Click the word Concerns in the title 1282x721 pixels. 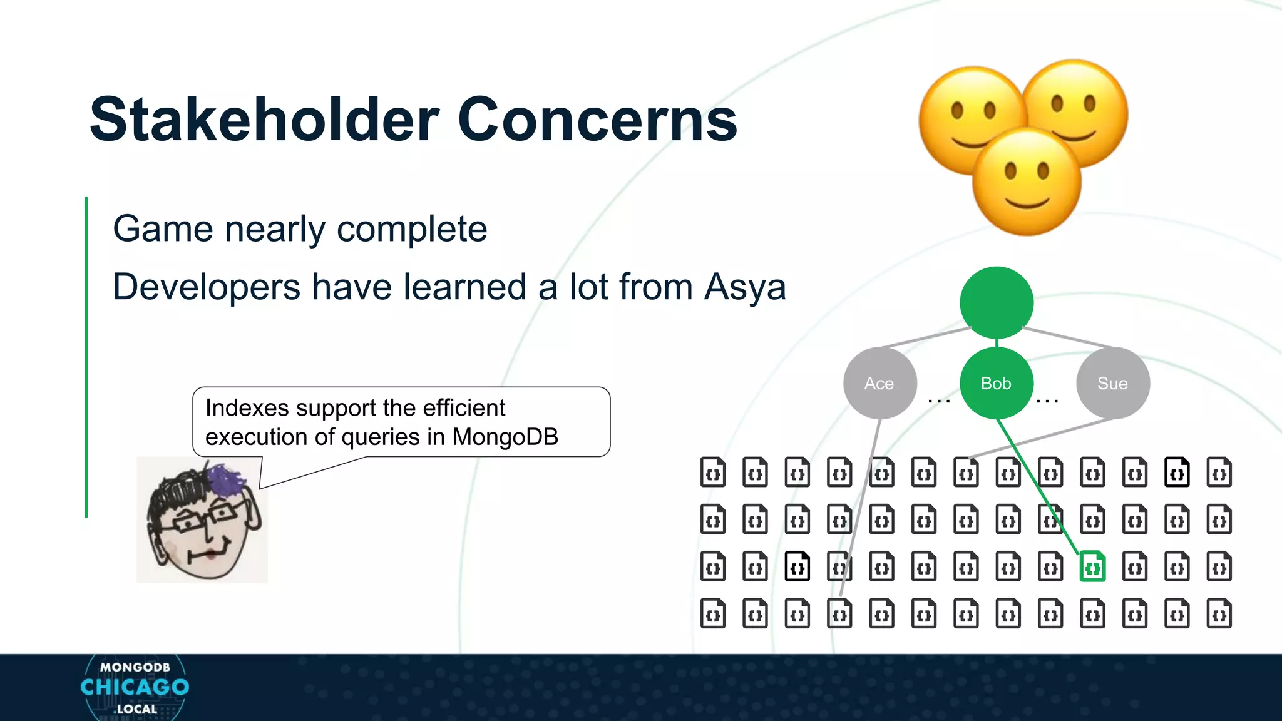pyautogui.click(x=597, y=120)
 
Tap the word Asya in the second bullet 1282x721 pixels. pyautogui.click(x=744, y=287)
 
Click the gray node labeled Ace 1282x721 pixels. pyautogui.click(x=879, y=383)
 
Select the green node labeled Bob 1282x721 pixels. pyautogui.click(x=996, y=383)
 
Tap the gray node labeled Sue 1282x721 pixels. pyautogui.click(x=1112, y=383)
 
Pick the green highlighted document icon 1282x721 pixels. pyautogui.click(x=1092, y=567)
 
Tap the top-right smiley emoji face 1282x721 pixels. pyautogui.click(x=1075, y=113)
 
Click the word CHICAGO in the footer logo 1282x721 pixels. pyautogui.click(x=135, y=687)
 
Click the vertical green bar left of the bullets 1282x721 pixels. pyautogui.click(x=86, y=357)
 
